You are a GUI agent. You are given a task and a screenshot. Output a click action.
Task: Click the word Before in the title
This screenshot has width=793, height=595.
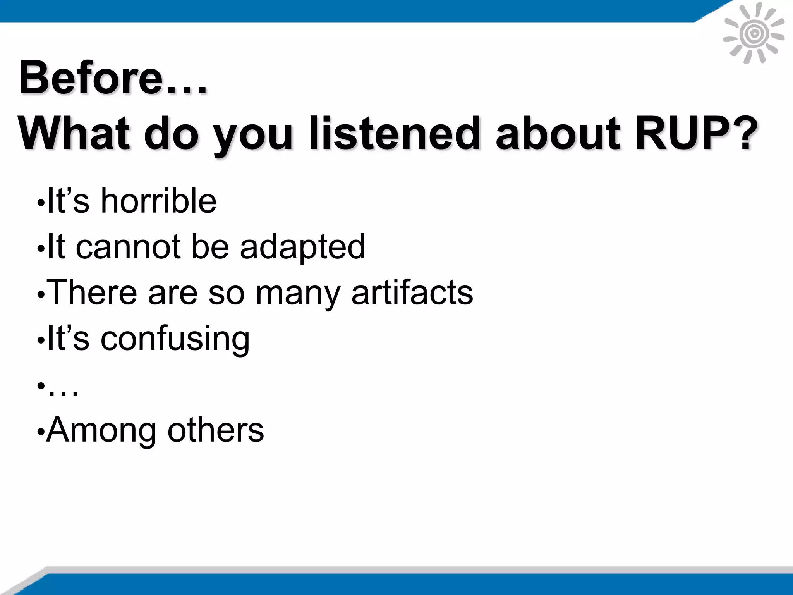pos(91,77)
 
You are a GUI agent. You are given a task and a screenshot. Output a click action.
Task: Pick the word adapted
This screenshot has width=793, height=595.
pos(302,247)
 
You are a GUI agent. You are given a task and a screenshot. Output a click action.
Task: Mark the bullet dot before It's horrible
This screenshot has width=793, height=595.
pos(39,203)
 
